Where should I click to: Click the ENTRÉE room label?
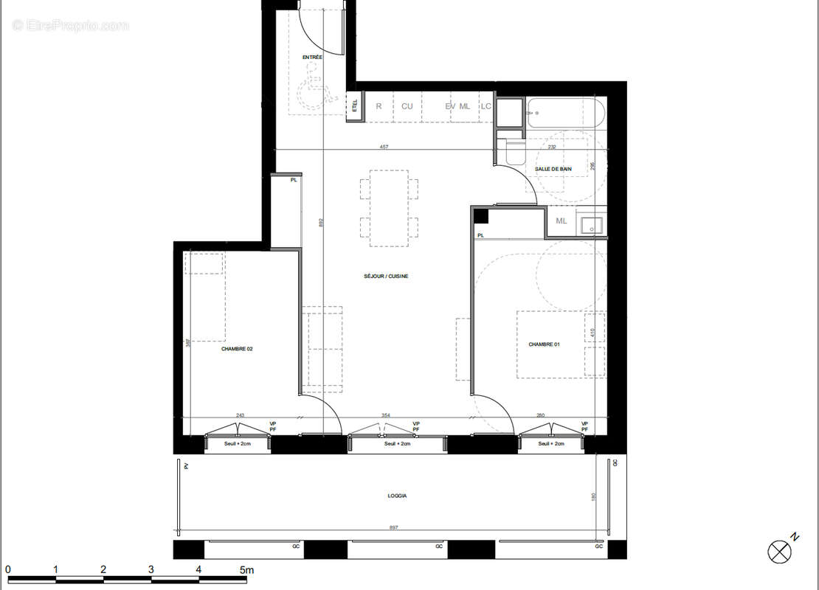click(x=312, y=58)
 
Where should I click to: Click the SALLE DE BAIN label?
click(x=553, y=169)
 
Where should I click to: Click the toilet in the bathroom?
click(x=514, y=152)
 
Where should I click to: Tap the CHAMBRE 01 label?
click(x=544, y=344)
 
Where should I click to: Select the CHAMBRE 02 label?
click(x=237, y=349)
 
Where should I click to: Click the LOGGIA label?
click(x=397, y=496)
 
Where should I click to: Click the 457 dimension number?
click(x=384, y=147)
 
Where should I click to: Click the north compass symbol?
click(x=779, y=551)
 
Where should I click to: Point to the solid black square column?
click(x=480, y=216)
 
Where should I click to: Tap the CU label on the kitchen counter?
click(x=407, y=106)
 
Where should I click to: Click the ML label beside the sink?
click(x=561, y=221)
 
